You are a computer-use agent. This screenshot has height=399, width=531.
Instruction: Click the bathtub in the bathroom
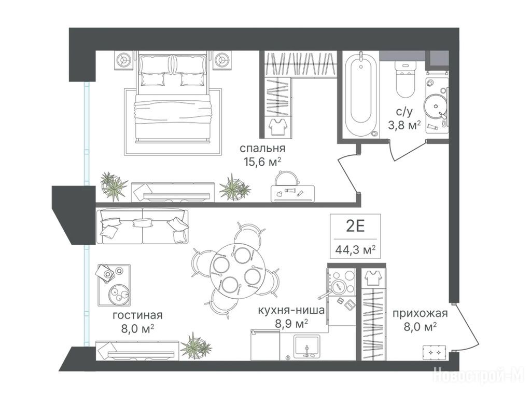(361, 95)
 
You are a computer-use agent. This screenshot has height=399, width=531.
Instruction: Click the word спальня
(262, 148)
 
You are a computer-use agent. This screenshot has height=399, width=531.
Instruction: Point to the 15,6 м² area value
(263, 162)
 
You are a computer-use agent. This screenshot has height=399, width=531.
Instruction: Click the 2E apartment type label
(355, 226)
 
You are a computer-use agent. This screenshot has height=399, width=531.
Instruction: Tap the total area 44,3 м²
(355, 250)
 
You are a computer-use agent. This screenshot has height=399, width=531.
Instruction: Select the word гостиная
(137, 315)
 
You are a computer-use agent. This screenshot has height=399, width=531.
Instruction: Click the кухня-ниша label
(291, 310)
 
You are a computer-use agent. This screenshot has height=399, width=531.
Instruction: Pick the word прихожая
(420, 313)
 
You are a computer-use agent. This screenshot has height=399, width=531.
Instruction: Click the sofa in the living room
(142, 227)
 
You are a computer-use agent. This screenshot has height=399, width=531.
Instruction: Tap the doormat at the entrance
(434, 353)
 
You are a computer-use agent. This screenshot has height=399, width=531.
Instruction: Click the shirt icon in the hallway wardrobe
(373, 278)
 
